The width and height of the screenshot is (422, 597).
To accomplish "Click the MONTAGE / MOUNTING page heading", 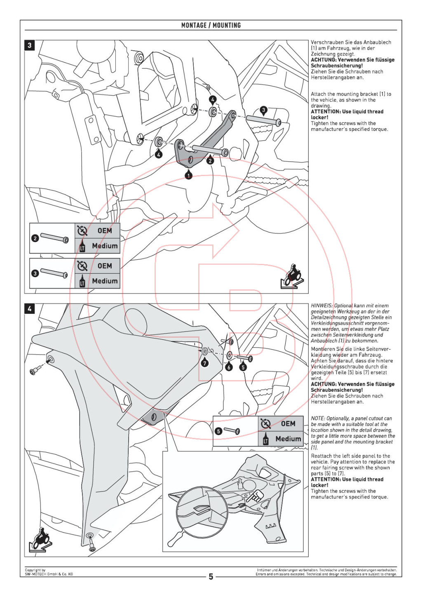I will [x=211, y=25].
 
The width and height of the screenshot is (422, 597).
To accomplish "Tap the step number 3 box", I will [x=29, y=45].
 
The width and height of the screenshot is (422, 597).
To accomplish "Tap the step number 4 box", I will [x=29, y=308].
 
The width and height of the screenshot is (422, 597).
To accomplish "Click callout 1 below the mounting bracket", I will [x=188, y=175].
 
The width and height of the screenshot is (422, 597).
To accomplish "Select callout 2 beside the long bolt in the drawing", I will [x=210, y=160].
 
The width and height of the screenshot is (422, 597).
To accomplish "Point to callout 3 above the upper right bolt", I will [x=264, y=110].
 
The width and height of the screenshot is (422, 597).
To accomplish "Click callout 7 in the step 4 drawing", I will [x=205, y=363].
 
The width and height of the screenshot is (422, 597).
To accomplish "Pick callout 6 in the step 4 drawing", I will [x=229, y=367].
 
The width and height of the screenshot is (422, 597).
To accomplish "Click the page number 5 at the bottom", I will [x=211, y=576].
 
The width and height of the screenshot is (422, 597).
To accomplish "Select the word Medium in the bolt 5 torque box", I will [x=288, y=439].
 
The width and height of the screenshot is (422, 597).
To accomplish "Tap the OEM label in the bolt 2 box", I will [x=105, y=230].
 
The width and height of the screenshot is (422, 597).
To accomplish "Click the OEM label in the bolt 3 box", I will [x=105, y=266].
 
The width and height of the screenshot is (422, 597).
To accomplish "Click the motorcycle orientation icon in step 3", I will [x=292, y=275].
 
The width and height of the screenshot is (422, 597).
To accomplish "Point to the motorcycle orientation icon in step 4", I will [x=40, y=540].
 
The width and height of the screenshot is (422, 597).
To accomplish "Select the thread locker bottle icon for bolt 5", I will [x=265, y=439].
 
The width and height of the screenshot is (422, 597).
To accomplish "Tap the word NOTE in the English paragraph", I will [x=318, y=418].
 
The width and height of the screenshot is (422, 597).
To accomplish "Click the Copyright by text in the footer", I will [x=35, y=570].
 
